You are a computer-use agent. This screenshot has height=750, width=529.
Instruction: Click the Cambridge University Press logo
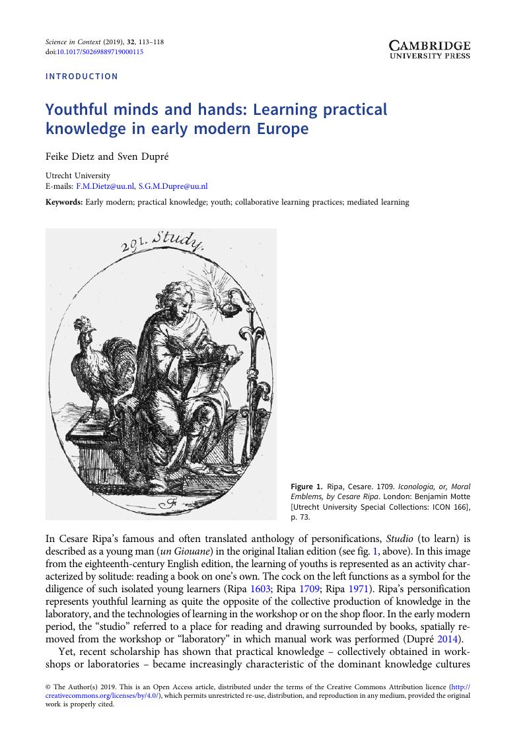click(x=429, y=50)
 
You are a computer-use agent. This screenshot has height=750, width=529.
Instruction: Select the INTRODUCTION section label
click(x=82, y=77)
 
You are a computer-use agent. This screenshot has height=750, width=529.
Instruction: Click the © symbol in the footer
click(x=48, y=687)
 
